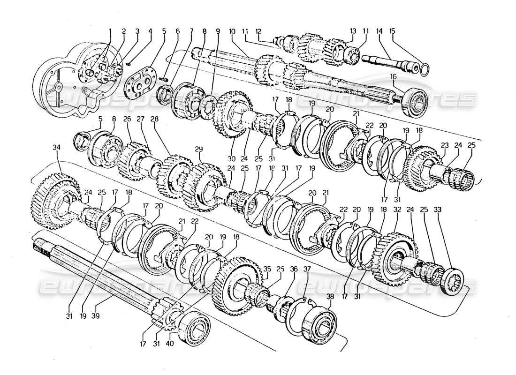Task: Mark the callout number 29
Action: pyautogui.click(x=199, y=149)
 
